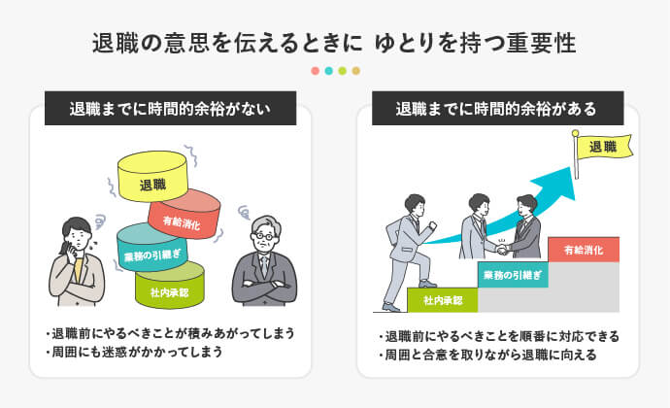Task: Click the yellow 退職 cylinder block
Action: tap(151, 181)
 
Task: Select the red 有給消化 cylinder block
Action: tap(184, 218)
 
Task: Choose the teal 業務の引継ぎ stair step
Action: tap(512, 276)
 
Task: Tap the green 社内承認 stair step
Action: tap(443, 299)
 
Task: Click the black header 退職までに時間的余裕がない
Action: tap(170, 108)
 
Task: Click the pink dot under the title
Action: tap(315, 71)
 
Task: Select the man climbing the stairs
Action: tap(409, 243)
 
